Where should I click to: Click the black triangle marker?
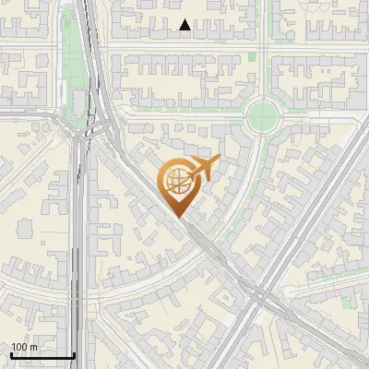coord(185,26)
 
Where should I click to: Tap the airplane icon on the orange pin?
coord(202,168)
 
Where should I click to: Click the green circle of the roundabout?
coord(263,114)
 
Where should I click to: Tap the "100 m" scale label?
coord(24,346)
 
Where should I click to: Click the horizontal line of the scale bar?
coord(42,355)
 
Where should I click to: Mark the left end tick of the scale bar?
coord(11,353)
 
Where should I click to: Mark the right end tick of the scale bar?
coord(74,353)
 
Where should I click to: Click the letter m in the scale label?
coord(33,346)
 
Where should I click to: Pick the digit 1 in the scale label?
coord(14,346)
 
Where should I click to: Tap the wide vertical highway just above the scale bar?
coord(81,323)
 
